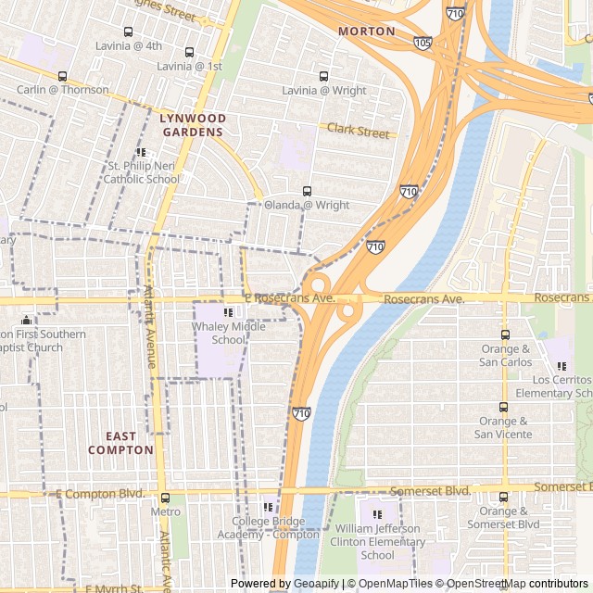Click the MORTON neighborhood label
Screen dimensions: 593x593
tap(366, 32)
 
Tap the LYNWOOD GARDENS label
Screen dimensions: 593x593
tap(192, 125)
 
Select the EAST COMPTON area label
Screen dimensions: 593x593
tap(120, 443)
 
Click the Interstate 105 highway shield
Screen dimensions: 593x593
tap(423, 43)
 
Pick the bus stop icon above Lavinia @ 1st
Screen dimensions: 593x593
tap(189, 53)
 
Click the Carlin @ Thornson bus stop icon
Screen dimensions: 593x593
tap(62, 76)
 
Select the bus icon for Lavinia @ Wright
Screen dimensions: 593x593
tap(323, 76)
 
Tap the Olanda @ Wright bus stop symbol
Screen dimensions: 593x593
tap(307, 191)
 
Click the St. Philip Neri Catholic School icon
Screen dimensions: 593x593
tap(141, 152)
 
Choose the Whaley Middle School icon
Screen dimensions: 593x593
tap(228, 312)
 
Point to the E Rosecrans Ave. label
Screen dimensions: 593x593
tap(289, 299)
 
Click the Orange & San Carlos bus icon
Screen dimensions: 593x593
tap(505, 334)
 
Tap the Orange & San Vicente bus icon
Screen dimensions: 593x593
tap(503, 407)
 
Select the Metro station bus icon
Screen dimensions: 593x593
tap(165, 498)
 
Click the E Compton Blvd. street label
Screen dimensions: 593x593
tap(100, 494)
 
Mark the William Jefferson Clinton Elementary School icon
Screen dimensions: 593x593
tap(377, 514)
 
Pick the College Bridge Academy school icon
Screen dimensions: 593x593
tap(269, 507)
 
